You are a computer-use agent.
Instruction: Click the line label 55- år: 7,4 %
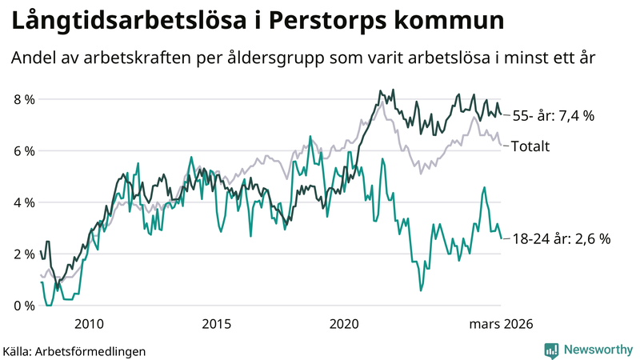[553, 116]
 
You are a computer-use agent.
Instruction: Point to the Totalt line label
[532, 146]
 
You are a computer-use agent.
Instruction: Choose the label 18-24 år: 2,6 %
[561, 238]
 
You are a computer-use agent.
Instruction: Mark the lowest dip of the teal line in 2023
[421, 290]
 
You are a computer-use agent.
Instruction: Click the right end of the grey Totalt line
[501, 145]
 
